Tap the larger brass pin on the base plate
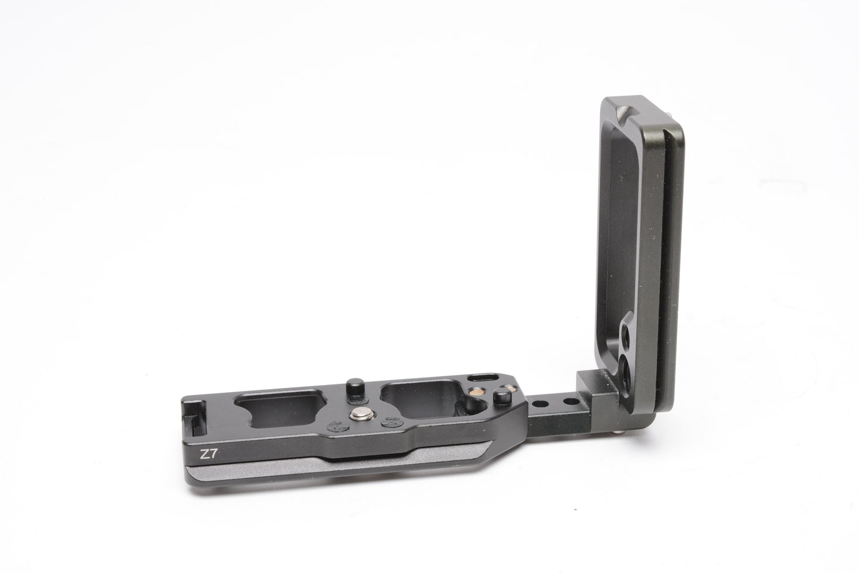[x=477, y=392]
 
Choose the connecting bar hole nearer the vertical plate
[x=571, y=402]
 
